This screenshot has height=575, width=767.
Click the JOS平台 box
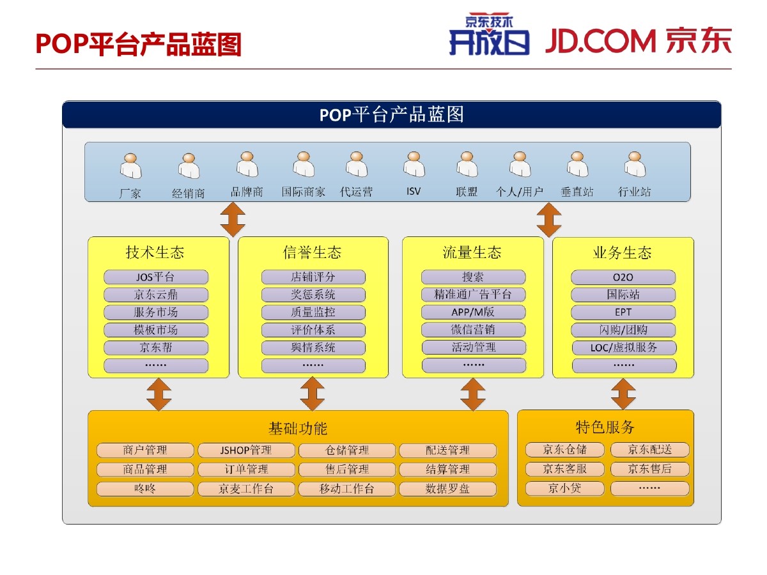(155, 277)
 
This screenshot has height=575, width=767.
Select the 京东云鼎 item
(155, 295)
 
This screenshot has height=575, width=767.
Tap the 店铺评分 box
(313, 277)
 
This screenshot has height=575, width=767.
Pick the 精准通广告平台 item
(473, 295)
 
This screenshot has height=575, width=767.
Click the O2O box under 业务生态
(623, 277)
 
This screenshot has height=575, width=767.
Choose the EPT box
(623, 312)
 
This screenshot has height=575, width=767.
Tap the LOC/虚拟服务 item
(623, 348)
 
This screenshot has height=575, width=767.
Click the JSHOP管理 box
(246, 450)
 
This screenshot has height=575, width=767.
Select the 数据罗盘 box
(447, 489)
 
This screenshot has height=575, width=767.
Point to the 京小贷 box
(564, 489)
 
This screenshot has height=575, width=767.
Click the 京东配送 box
(649, 450)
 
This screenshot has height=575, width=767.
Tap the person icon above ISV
(414, 165)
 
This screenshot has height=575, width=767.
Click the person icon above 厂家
(130, 166)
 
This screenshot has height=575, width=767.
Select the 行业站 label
(634, 192)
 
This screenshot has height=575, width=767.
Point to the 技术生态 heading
(155, 253)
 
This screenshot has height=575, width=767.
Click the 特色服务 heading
(605, 427)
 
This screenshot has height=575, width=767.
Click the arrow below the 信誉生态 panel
(313, 394)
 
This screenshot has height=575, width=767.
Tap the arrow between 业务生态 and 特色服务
(623, 394)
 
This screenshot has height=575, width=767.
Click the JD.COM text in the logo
(601, 42)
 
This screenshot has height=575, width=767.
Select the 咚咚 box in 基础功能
(144, 489)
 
